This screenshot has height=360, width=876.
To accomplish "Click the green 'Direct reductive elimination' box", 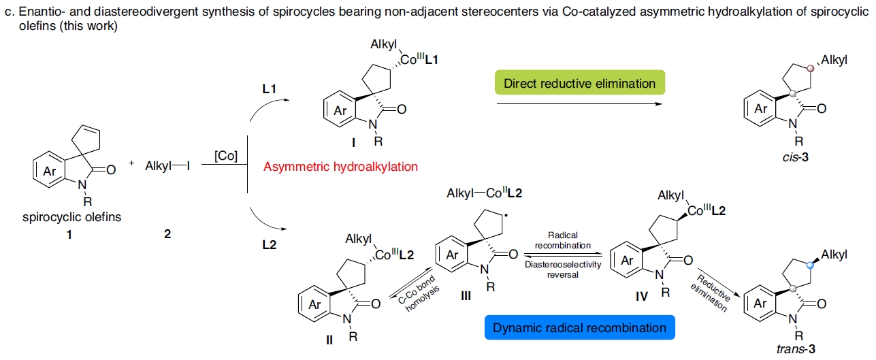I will (579, 84).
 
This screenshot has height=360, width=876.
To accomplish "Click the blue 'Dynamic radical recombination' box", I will (579, 328).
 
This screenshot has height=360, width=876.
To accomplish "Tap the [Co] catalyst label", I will (225, 157).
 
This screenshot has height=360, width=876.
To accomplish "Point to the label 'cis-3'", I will (800, 155).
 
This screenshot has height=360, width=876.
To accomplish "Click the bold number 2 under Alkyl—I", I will (167, 234).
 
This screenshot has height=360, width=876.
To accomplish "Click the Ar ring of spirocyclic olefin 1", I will (50, 171).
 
